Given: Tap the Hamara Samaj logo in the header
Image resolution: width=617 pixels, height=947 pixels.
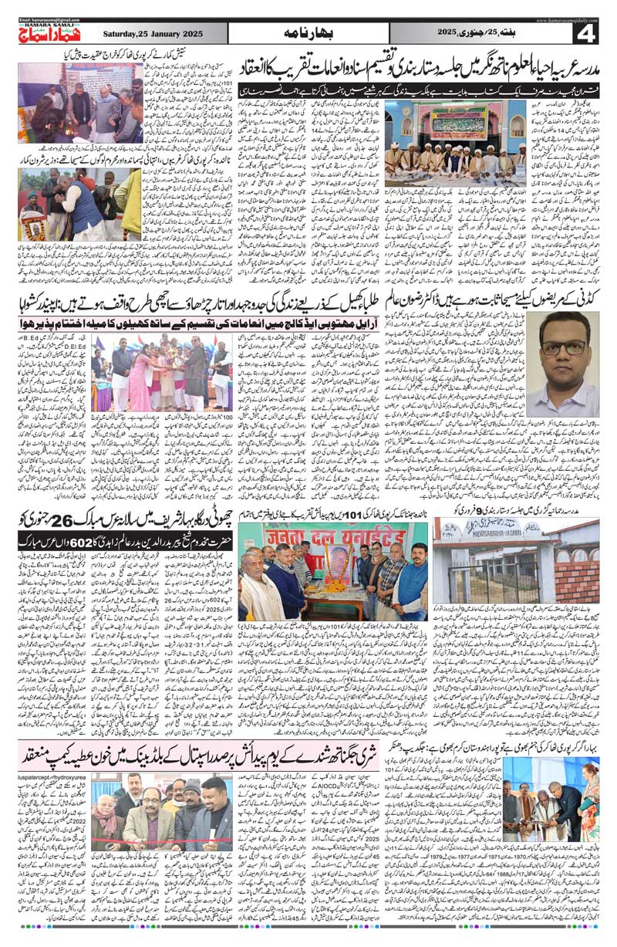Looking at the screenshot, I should pos(47,32).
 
